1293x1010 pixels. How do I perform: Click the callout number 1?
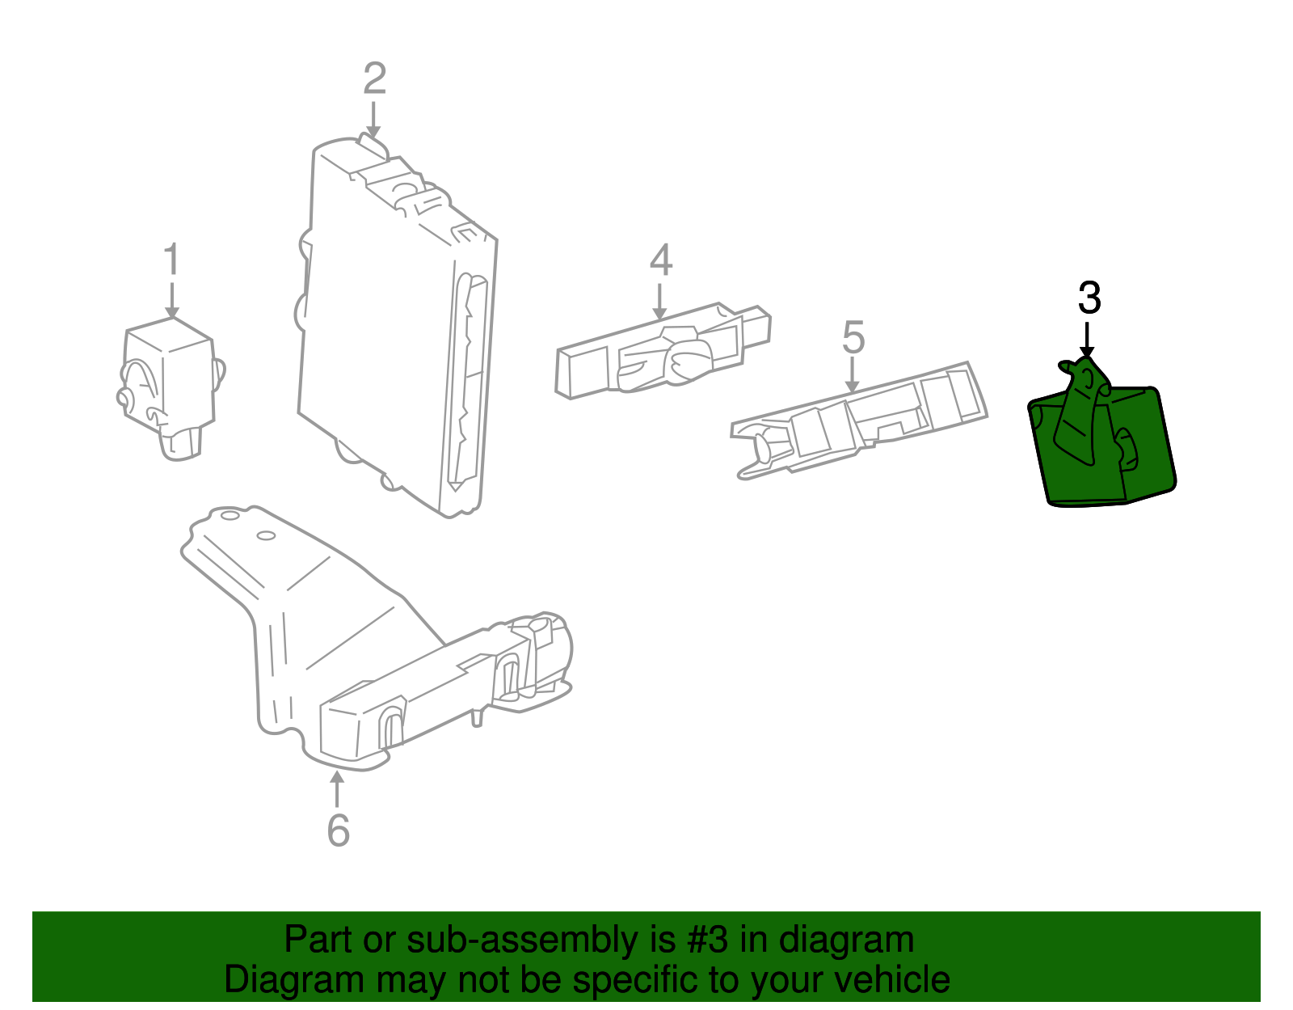172,259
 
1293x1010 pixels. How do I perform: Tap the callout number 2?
375,78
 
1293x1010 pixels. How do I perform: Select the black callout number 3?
1089,298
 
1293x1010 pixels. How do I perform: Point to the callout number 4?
660,260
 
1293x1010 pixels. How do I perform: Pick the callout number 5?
853,337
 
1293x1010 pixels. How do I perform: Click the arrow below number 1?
172,301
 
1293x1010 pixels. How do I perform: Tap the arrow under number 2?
373,120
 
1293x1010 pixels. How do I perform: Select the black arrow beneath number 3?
1087,340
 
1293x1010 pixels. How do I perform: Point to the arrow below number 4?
659,302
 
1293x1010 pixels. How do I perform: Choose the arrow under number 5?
852,375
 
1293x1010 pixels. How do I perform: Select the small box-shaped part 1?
170,387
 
